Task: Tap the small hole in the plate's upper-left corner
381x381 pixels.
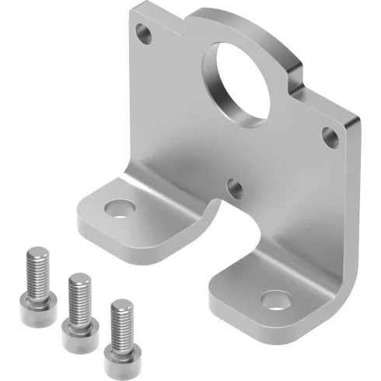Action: pyautogui.click(x=142, y=34)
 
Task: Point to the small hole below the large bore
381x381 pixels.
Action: pyautogui.click(x=232, y=185)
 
